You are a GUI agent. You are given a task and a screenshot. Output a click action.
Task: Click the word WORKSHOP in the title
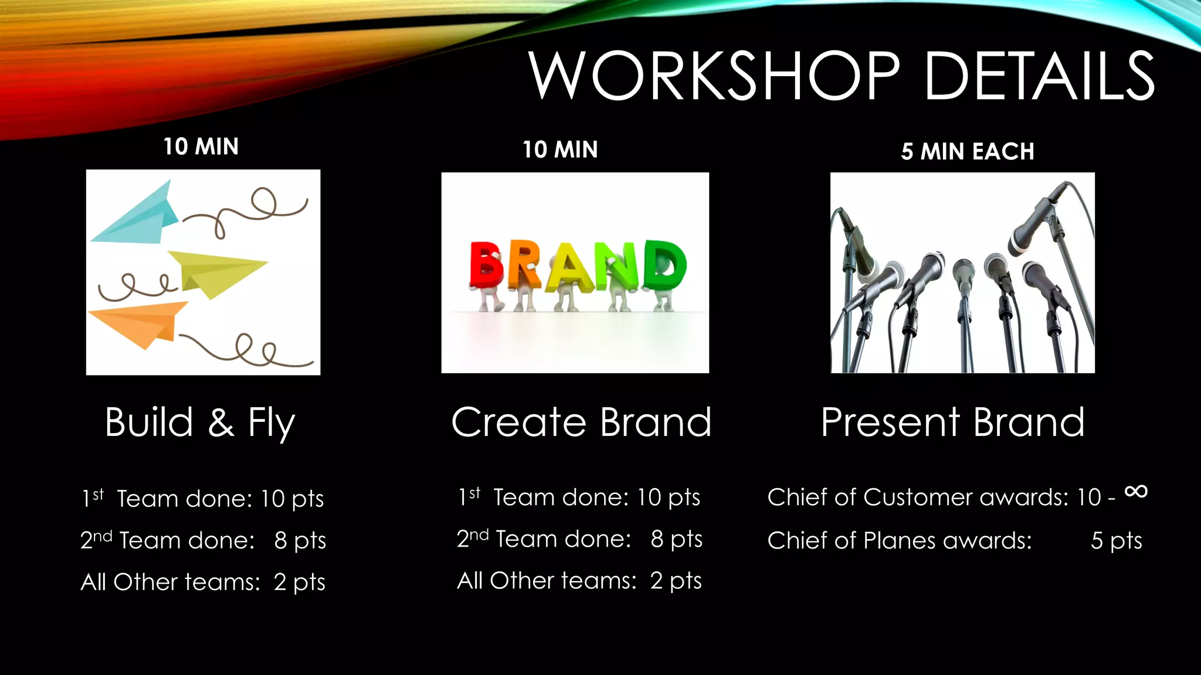pyautogui.click(x=714, y=76)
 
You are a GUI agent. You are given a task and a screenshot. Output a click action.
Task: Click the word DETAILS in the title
pyautogui.click(x=1039, y=76)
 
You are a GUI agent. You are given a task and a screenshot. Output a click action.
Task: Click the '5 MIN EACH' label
pyautogui.click(x=968, y=152)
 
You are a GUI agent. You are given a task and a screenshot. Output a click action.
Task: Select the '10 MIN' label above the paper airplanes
pyautogui.click(x=201, y=146)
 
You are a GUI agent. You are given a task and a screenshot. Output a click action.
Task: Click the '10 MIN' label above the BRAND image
pyautogui.click(x=560, y=150)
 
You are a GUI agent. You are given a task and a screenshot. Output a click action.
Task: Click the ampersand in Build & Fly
pyautogui.click(x=221, y=423)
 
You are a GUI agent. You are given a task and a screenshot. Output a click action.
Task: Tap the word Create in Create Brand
pyautogui.click(x=518, y=422)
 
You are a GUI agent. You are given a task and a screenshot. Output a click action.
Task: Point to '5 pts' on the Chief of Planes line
pyautogui.click(x=1116, y=541)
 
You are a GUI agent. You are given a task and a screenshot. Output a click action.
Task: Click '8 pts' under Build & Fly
pyautogui.click(x=300, y=541)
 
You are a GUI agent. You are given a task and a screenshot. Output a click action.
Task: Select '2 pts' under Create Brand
pyautogui.click(x=676, y=581)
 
